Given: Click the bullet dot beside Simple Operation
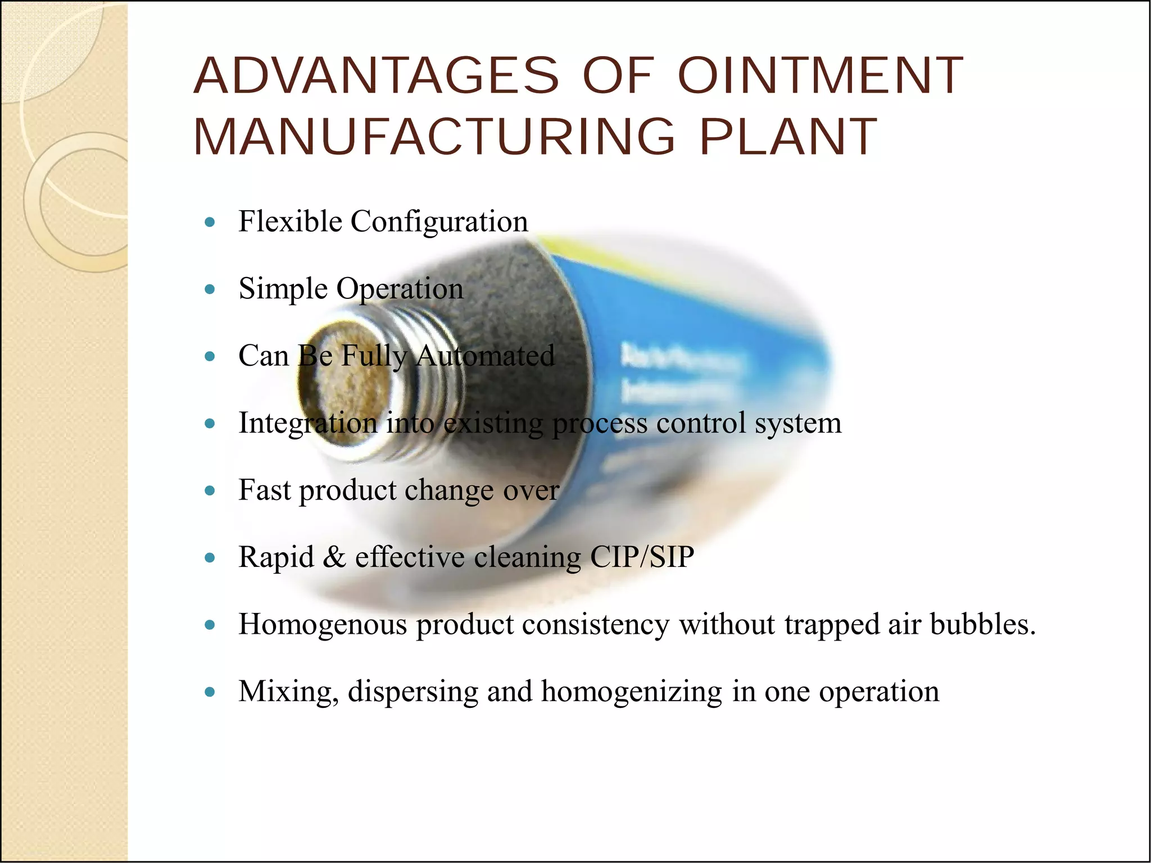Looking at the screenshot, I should [x=210, y=290].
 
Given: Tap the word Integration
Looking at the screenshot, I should [x=308, y=423].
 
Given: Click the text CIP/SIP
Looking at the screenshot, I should [x=642, y=557].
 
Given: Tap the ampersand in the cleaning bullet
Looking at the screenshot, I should [x=334, y=557].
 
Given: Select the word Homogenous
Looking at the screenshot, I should [x=323, y=624].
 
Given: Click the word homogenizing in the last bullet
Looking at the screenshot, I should [x=632, y=692].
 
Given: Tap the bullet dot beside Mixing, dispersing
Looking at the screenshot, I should [x=210, y=692].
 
